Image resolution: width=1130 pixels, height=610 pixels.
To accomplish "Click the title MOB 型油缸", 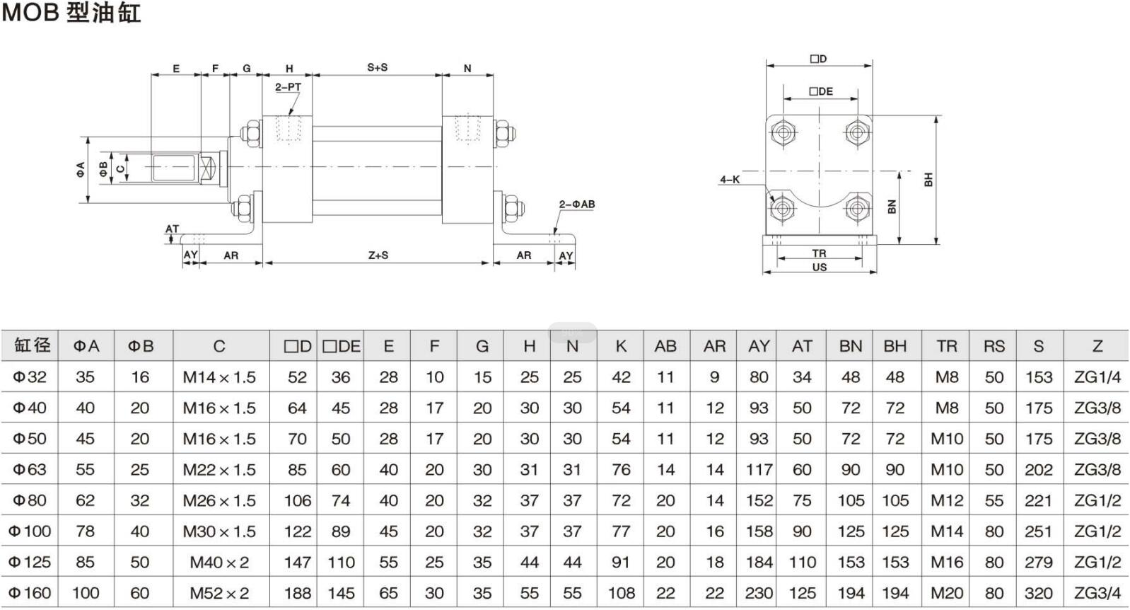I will tap(71, 13).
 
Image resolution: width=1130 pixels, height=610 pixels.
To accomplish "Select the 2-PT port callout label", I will tap(288, 87).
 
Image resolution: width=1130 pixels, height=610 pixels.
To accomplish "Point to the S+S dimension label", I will tap(377, 67).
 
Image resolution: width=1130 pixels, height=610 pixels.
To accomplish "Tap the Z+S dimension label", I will tap(378, 255).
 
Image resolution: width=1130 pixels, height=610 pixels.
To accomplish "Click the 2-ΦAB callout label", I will tap(577, 205).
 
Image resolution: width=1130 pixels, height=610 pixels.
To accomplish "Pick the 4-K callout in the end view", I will tap(730, 180).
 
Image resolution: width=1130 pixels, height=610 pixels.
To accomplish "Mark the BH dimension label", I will tap(928, 180).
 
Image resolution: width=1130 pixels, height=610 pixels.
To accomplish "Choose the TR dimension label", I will tap(819, 253).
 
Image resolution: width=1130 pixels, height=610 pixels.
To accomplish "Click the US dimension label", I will tap(819, 267).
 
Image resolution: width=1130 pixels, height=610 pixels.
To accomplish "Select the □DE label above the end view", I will tap(821, 91).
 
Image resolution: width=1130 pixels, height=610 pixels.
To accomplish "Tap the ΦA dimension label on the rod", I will tap(81, 169).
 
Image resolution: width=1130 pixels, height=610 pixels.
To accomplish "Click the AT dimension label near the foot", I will tap(172, 229).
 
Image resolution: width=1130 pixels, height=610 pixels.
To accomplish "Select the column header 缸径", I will tap(33, 346).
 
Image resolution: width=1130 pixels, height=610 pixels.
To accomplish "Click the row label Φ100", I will tap(30, 531).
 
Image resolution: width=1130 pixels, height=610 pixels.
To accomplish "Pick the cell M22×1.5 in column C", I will tap(219, 470).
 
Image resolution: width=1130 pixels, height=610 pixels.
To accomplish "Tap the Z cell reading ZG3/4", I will tap(1097, 593).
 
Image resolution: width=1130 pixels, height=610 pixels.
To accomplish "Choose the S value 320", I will tap(1038, 593).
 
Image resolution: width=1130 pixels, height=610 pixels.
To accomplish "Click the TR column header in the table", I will tap(946, 346).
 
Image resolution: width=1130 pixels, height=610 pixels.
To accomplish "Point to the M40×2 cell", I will tap(219, 563).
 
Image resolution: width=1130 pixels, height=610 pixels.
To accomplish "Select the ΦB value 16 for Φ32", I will tap(140, 377).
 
